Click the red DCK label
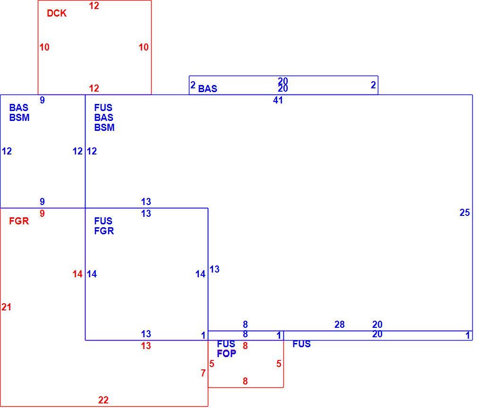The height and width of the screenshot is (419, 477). click(x=57, y=13)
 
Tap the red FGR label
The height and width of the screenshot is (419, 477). click(x=19, y=221)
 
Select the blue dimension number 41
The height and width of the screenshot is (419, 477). click(x=278, y=100)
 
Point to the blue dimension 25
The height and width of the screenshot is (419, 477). click(x=465, y=213)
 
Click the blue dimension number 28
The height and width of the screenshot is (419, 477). click(x=340, y=325)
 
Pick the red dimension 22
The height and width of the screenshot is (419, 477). click(x=103, y=400)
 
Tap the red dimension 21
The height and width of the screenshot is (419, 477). click(x=7, y=307)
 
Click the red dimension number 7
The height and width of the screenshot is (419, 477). click(x=203, y=373)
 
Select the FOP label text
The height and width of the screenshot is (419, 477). click(x=227, y=354)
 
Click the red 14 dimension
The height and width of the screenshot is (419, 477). click(x=77, y=274)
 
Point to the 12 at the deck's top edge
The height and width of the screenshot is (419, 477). click(x=94, y=6)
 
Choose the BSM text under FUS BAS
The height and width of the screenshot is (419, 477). click(x=104, y=128)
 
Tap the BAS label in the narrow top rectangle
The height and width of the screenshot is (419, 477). click(x=208, y=89)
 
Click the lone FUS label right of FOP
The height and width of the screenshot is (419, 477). click(x=301, y=344)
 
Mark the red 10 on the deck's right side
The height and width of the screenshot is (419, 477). click(x=144, y=47)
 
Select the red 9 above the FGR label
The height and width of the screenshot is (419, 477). click(x=43, y=214)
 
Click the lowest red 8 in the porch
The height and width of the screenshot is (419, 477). click(x=245, y=381)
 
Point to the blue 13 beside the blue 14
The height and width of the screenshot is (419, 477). click(x=214, y=269)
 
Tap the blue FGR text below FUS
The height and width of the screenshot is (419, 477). click(x=104, y=231)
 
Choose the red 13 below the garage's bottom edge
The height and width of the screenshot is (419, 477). click(x=146, y=346)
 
